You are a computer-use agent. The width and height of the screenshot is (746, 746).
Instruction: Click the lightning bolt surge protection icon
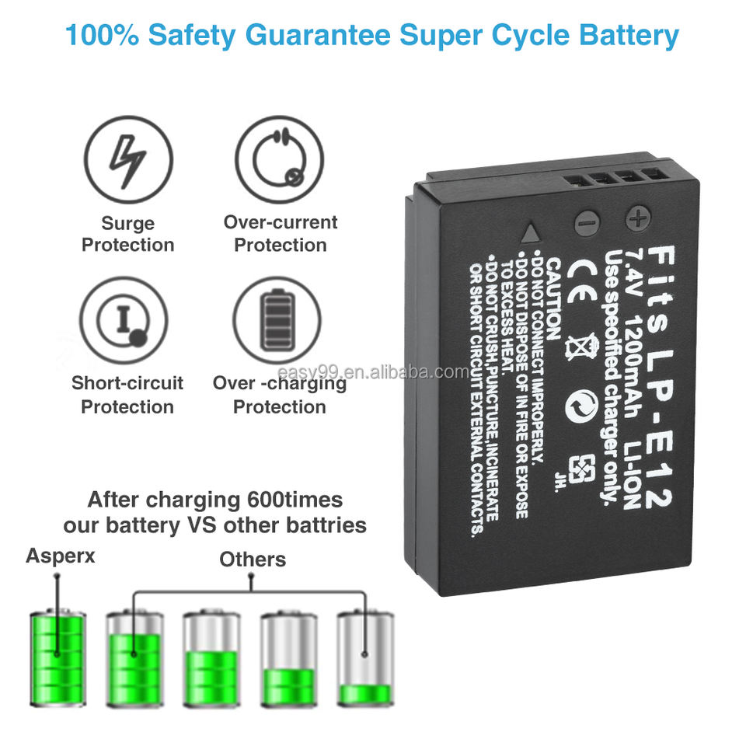click(x=127, y=160)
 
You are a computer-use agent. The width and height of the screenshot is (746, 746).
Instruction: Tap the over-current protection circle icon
click(x=279, y=160)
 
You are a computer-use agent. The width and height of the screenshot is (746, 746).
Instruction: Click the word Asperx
click(x=61, y=556)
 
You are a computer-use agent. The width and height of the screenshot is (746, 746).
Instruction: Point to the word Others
click(x=253, y=559)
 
